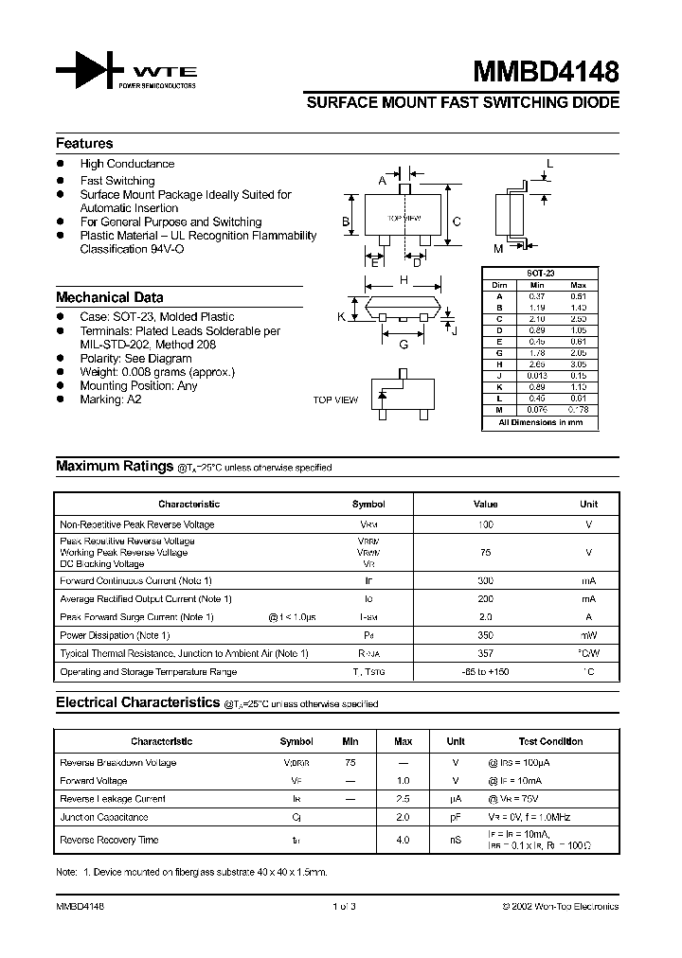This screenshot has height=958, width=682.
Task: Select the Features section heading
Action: (84, 144)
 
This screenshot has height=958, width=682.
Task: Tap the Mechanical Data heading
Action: (109, 297)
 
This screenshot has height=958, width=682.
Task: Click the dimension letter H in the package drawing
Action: (404, 280)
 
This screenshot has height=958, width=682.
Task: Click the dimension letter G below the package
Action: (404, 345)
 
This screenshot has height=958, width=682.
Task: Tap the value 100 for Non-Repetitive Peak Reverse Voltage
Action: (485, 524)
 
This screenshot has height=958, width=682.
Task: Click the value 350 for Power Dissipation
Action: (485, 635)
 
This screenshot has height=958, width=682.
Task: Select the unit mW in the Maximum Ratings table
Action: (588, 635)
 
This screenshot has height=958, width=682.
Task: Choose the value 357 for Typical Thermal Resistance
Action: (485, 653)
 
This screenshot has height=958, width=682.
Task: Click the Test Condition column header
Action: (550, 742)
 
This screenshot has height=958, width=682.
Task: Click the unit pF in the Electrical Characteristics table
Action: (456, 817)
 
